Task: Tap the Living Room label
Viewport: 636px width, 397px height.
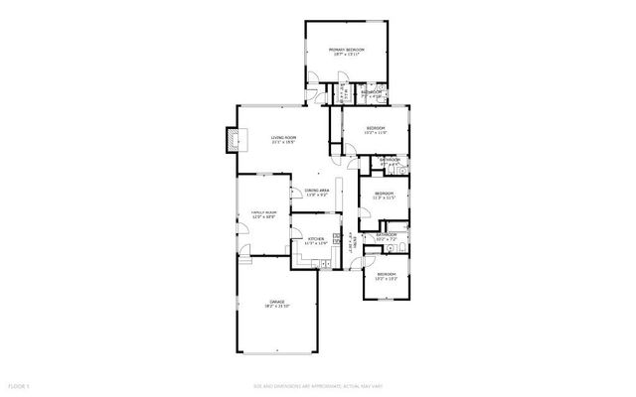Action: pos(283,138)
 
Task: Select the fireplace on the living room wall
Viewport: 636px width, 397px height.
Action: pos(234,140)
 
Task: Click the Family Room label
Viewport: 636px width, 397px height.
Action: pos(262,212)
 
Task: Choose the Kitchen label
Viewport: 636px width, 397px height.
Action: pos(315,239)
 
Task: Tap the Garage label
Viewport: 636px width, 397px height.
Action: pos(276,301)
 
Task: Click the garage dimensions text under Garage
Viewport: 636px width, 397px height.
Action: pos(276,307)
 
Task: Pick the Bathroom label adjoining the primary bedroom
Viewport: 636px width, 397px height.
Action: pos(372,92)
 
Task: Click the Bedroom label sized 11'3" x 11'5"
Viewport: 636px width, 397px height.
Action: pos(384,193)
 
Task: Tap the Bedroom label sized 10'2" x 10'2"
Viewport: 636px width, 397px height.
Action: pos(386,274)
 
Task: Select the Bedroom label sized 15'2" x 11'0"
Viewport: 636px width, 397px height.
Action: pos(375,128)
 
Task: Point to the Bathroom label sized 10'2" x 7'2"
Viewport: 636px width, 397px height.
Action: pos(387,235)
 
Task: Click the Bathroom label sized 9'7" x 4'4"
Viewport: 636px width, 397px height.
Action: pos(390,159)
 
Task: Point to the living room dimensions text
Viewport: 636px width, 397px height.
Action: pos(283,144)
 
